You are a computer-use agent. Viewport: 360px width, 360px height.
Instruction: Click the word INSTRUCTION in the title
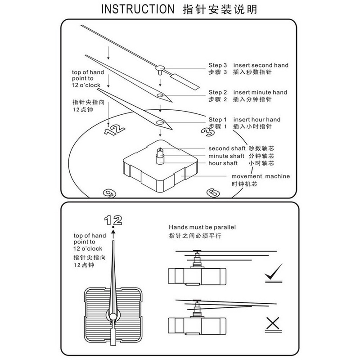(138, 9)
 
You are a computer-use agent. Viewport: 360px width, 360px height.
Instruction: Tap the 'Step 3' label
(217, 65)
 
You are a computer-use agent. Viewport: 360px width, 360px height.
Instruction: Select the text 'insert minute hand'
(260, 92)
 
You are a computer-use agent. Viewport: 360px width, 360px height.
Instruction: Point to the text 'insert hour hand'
(257, 120)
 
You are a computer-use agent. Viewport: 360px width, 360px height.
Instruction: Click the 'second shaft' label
(227, 148)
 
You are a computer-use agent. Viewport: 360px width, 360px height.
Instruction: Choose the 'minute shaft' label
(226, 156)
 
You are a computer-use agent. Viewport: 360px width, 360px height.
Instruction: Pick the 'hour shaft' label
(223, 163)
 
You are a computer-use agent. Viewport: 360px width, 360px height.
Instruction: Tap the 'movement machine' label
(261, 176)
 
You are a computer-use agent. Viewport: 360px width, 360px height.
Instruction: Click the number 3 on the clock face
(208, 132)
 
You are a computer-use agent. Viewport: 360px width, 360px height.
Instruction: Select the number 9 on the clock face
(109, 193)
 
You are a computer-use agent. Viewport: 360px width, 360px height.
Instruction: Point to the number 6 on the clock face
(213, 193)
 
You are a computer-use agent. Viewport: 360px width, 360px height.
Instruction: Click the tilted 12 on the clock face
(114, 130)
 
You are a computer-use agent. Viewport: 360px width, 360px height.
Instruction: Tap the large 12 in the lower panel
(113, 220)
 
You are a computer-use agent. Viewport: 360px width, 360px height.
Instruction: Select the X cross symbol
(273, 323)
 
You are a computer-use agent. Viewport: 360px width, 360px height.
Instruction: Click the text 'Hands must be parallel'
(202, 227)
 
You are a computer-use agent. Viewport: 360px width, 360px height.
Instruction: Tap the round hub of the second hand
(160, 68)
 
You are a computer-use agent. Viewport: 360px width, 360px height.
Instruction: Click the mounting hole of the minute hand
(160, 95)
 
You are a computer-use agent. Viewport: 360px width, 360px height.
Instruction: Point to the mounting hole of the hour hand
(160, 122)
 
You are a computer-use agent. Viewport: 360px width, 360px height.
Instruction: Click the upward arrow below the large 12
(113, 234)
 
